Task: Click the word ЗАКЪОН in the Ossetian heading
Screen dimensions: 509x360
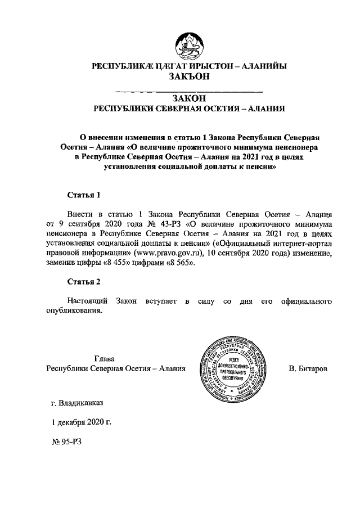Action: pos(189,77)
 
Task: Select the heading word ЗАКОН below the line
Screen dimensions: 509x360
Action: pos(189,98)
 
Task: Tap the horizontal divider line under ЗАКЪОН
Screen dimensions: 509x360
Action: pos(189,91)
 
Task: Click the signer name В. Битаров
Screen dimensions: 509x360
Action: pos(310,368)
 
